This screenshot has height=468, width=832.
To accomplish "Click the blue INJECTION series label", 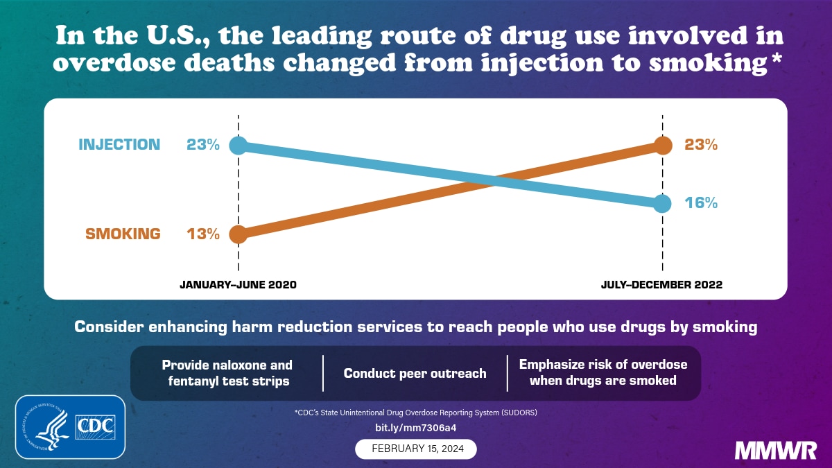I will pyautogui.click(x=119, y=145).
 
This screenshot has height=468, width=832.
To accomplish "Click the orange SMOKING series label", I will pyautogui.click(x=123, y=234).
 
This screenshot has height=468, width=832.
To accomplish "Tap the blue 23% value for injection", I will pyautogui.click(x=202, y=145).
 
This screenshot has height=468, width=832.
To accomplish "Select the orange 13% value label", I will pyautogui.click(x=202, y=234).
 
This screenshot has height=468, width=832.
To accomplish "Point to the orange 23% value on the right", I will pyautogui.click(x=701, y=145).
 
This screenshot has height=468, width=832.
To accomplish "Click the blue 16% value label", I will pyautogui.click(x=701, y=203).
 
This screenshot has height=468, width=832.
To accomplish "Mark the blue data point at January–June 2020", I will pyautogui.click(x=238, y=146).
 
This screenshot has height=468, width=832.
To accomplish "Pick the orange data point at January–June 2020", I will pyautogui.click(x=238, y=234).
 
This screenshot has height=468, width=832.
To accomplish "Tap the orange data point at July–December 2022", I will pyautogui.click(x=663, y=146).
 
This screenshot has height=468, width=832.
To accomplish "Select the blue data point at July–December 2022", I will pyautogui.click(x=663, y=203).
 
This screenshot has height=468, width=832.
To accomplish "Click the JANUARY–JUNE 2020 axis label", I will pyautogui.click(x=238, y=285).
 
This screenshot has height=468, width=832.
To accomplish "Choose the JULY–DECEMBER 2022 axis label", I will pyautogui.click(x=662, y=285).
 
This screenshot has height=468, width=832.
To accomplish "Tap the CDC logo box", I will pyautogui.click(x=96, y=426).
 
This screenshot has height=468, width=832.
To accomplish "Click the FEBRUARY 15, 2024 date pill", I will pyautogui.click(x=416, y=449).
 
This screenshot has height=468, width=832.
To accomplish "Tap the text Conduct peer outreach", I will pyautogui.click(x=415, y=374).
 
